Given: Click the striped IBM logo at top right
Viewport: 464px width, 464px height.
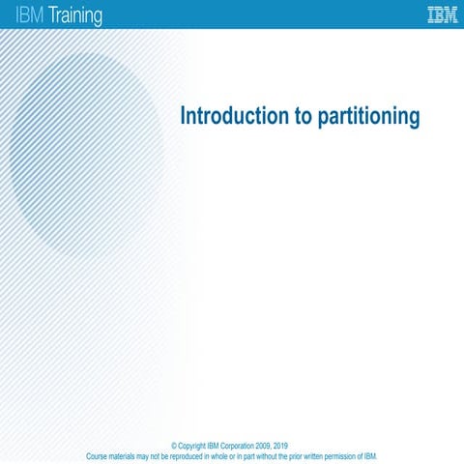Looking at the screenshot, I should click(443, 14).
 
